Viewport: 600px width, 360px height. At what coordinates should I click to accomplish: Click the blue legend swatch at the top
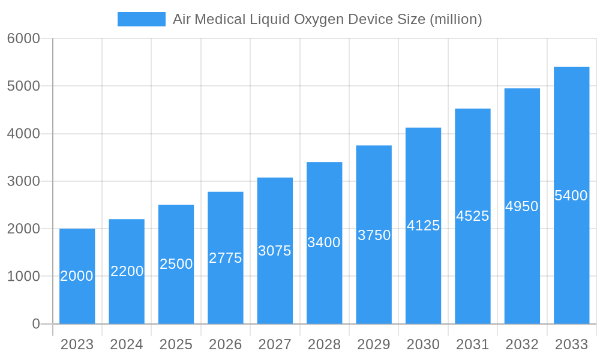click(141, 19)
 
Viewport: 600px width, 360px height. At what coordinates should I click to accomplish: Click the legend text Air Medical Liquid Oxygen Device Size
click(327, 19)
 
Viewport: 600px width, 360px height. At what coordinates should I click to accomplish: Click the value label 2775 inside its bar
click(226, 258)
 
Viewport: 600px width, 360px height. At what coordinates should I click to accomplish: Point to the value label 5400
click(571, 196)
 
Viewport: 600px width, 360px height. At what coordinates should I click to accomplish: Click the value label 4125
click(423, 226)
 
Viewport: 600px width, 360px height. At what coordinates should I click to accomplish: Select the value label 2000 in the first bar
click(77, 276)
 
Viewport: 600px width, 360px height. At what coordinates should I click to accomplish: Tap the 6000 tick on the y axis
click(23, 38)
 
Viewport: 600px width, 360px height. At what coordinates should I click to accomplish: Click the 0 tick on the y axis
click(35, 324)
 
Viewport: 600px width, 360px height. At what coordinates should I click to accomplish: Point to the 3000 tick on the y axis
click(23, 181)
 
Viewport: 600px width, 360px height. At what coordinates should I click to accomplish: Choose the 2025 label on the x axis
click(176, 344)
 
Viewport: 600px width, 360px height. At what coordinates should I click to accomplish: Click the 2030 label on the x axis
click(423, 344)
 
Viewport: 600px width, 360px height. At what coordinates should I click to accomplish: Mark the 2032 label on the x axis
click(522, 344)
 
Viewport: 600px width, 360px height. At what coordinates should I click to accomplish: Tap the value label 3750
click(374, 235)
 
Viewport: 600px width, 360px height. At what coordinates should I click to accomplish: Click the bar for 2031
click(473, 270)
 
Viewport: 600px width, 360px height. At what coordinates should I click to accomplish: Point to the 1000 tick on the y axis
click(23, 277)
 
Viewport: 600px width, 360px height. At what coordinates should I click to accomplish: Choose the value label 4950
click(522, 206)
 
